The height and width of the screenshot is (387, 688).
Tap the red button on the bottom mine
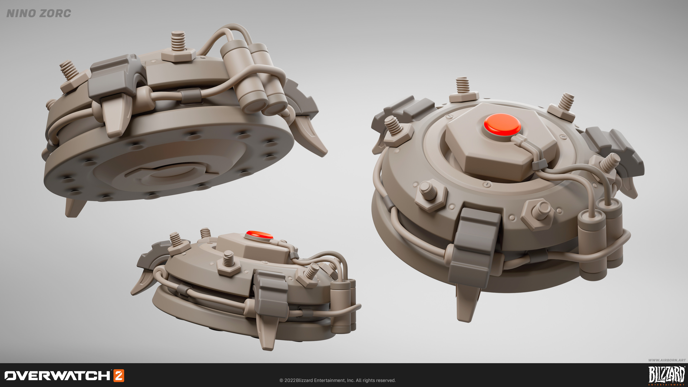(x=259, y=235)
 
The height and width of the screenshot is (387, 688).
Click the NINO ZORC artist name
(x=39, y=13)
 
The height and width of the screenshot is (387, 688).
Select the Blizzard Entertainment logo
(x=667, y=375)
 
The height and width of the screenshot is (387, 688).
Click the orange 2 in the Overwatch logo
(x=119, y=376)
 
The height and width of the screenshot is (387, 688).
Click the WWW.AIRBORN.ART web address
(x=667, y=360)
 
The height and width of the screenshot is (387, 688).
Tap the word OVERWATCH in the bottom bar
(x=57, y=376)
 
